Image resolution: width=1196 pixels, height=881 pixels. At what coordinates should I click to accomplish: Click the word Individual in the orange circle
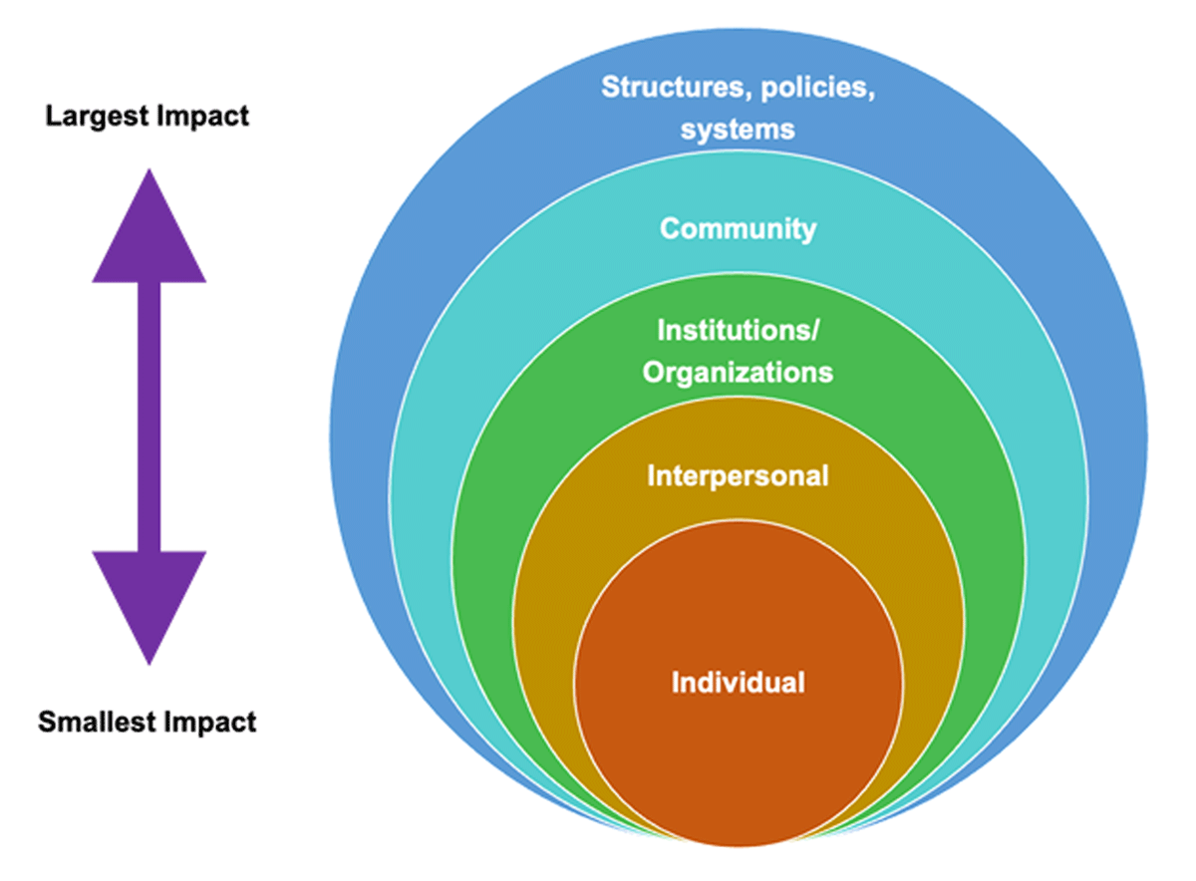click(x=738, y=683)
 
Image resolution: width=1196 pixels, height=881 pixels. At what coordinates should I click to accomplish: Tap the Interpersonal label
click(x=738, y=476)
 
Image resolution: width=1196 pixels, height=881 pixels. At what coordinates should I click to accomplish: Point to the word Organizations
click(x=738, y=373)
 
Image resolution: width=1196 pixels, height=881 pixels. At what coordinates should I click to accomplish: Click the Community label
click(x=738, y=228)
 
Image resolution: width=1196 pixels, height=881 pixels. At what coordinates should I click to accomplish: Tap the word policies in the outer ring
click(x=817, y=89)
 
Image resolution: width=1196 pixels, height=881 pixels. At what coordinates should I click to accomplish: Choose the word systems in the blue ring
click(x=738, y=130)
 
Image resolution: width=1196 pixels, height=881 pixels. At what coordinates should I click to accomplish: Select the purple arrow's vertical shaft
click(x=149, y=416)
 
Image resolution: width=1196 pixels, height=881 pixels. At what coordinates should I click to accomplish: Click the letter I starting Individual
click(x=676, y=683)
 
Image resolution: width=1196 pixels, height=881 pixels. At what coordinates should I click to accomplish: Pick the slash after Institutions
click(x=813, y=331)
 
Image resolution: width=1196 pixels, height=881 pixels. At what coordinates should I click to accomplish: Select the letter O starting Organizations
click(x=653, y=373)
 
